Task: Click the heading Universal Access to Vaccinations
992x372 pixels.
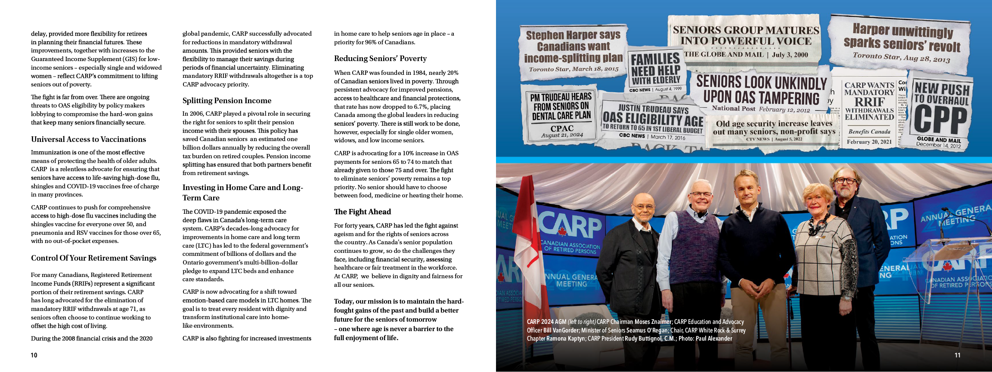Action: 88,139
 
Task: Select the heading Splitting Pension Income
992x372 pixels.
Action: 227,101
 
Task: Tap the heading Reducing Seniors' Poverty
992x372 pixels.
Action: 380,58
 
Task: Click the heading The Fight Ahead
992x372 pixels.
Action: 363,212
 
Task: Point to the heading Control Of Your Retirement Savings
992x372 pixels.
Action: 93,258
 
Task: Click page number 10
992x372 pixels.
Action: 34,355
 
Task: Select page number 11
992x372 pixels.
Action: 957,355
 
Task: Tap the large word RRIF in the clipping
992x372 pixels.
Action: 869,102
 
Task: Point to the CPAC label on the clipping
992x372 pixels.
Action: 562,128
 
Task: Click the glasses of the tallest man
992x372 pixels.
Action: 845,181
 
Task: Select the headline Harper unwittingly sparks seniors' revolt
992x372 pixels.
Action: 902,37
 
